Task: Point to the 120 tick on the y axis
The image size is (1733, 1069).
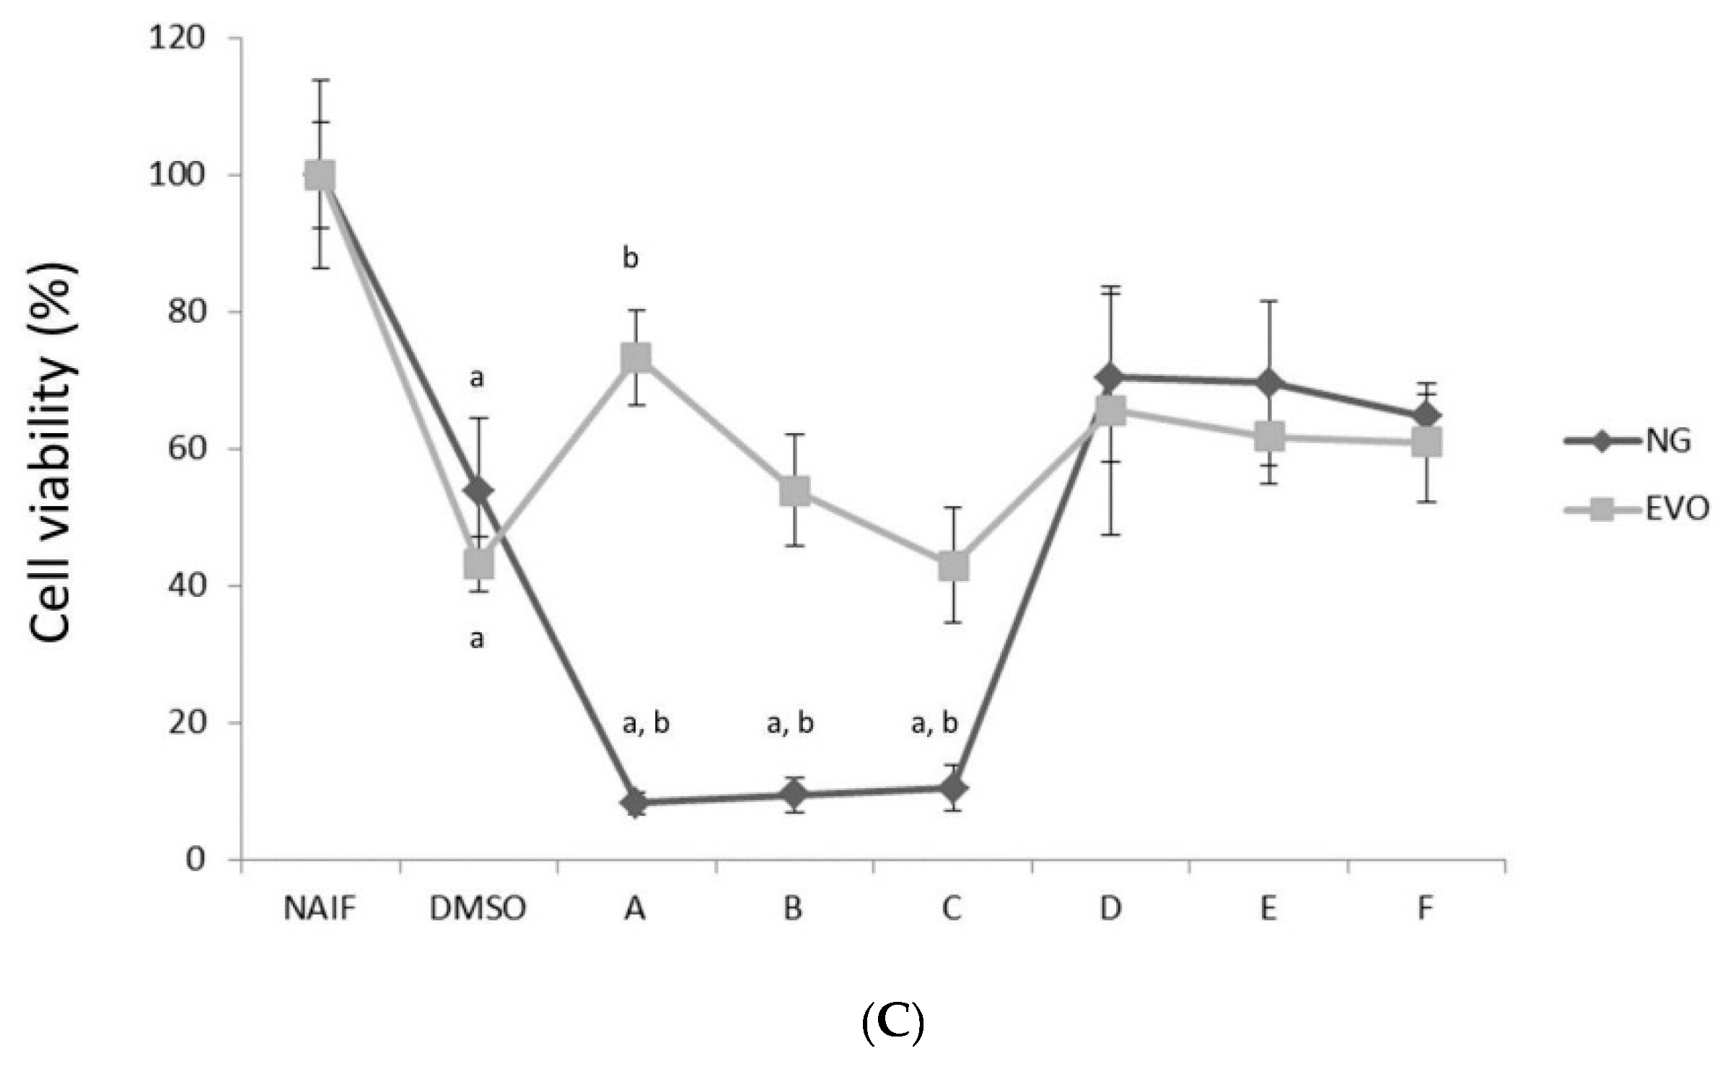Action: click(177, 38)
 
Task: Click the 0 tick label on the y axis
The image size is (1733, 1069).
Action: click(195, 859)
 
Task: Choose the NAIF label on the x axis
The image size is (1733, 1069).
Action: click(320, 909)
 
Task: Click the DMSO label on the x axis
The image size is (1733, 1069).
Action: click(478, 909)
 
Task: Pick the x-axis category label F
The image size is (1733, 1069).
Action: click(1426, 909)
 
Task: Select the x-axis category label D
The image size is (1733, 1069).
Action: click(1110, 909)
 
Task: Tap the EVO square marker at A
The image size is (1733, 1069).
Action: click(636, 357)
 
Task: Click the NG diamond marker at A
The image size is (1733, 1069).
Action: click(636, 802)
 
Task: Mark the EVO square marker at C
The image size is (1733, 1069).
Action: click(953, 566)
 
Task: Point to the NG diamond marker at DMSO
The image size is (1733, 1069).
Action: click(478, 491)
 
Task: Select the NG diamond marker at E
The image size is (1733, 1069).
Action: click(1269, 383)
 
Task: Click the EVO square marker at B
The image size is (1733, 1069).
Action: click(794, 491)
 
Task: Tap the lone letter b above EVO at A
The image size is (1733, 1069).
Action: click(631, 258)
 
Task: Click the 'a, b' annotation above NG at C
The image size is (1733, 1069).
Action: click(934, 723)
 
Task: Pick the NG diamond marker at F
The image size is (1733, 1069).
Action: click(1426, 416)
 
